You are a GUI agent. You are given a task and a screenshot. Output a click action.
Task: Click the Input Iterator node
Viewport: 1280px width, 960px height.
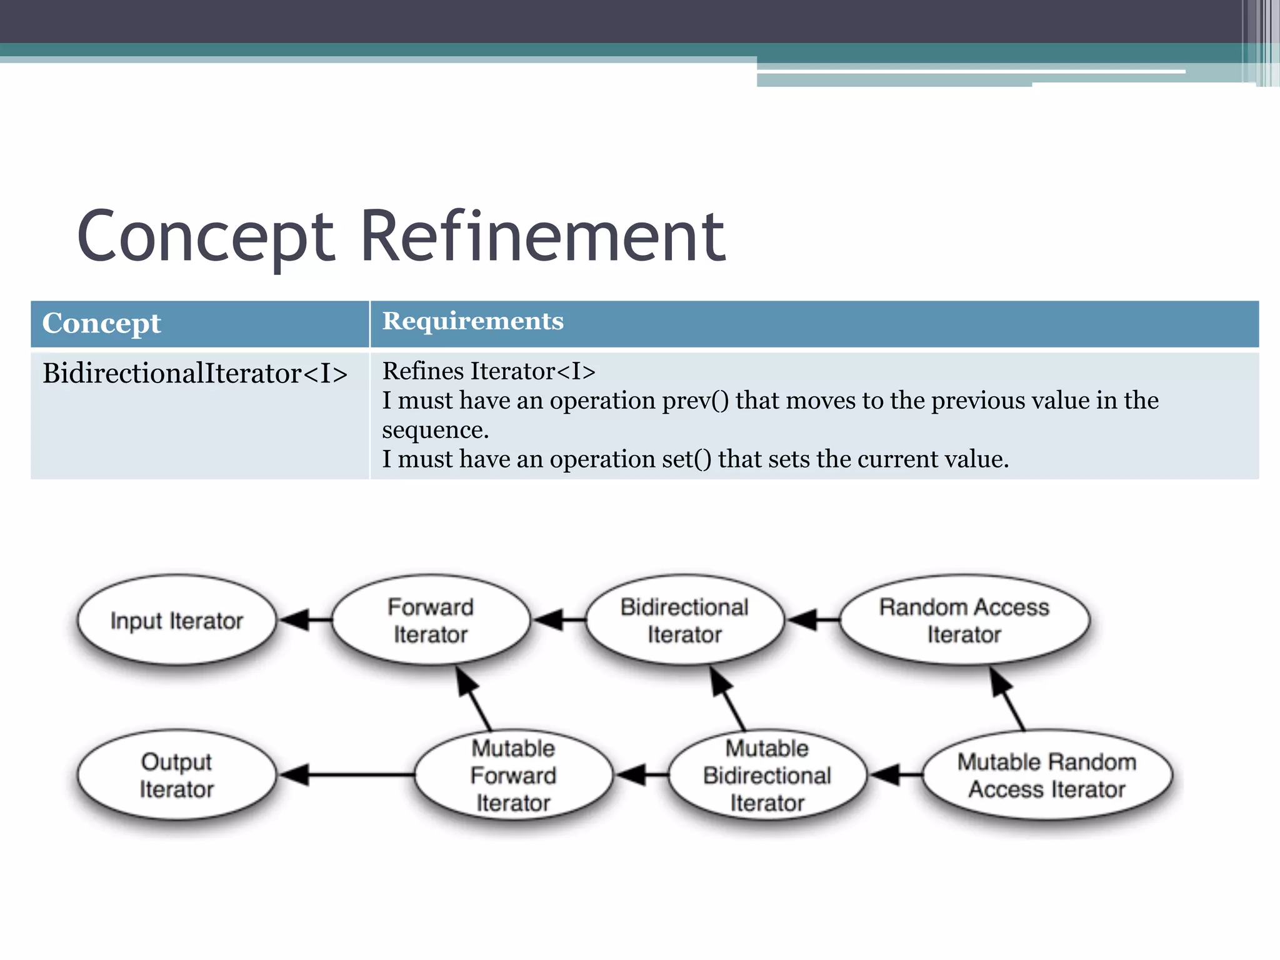(176, 620)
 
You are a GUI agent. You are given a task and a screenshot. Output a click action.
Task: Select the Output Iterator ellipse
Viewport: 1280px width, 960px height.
(176, 775)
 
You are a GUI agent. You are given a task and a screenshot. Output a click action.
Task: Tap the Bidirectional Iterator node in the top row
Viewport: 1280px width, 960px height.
(684, 620)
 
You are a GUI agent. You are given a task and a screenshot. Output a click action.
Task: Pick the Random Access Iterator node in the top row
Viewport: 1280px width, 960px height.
(964, 620)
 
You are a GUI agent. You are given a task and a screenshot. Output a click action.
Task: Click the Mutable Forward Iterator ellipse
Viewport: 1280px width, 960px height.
(513, 775)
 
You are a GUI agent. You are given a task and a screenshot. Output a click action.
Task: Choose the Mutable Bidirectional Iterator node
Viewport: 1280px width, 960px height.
(767, 775)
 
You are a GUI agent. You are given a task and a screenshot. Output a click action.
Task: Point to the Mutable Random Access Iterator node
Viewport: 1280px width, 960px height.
(1047, 775)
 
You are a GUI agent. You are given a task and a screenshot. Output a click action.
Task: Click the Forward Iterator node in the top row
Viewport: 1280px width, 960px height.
(431, 620)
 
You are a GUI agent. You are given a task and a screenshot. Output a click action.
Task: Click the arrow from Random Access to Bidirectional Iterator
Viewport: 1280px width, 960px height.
(812, 620)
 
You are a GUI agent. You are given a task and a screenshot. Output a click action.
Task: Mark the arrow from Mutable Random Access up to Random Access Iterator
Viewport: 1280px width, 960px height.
(1007, 698)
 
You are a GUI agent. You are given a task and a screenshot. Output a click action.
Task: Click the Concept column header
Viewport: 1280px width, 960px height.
(101, 324)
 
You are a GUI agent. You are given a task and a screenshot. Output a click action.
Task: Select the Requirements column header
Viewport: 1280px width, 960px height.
(472, 321)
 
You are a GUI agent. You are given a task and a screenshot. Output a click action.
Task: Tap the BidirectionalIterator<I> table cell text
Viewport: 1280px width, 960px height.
(195, 374)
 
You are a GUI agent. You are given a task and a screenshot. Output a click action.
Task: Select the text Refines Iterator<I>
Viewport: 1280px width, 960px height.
(489, 371)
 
